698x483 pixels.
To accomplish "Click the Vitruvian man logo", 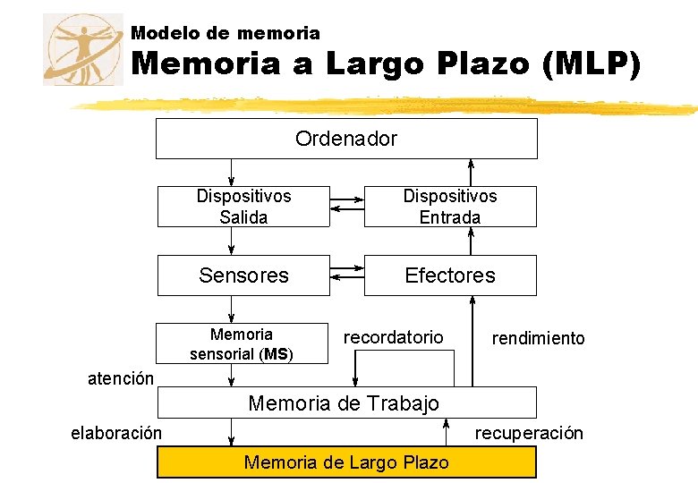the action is click(83, 50).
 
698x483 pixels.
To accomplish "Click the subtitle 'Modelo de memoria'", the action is click(225, 33).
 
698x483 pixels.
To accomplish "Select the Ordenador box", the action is click(346, 139).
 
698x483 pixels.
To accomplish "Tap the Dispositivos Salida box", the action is click(243, 207).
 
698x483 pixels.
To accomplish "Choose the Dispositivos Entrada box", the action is click(449, 207).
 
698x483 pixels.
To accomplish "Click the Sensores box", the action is click(243, 275).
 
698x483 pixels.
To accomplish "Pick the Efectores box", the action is click(449, 275).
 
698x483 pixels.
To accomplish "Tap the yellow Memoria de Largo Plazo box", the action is click(346, 462).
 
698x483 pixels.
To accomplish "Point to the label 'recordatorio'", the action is click(393, 336).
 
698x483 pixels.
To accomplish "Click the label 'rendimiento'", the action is click(538, 338).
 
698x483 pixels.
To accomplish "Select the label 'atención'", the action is click(121, 378).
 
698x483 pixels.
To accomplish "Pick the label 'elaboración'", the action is click(116, 434).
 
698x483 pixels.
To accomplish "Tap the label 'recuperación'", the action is click(529, 434).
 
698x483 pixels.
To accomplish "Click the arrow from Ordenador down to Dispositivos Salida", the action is click(231, 172).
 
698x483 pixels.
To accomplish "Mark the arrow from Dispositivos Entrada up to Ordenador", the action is click(472, 172).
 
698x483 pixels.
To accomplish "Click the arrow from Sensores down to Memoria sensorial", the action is click(231, 309).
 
